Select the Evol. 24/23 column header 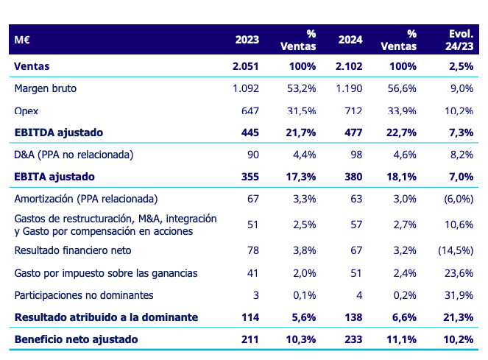[x=460, y=40]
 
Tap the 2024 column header [x=349, y=40]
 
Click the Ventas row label [x=32, y=66]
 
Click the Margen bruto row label [x=46, y=88]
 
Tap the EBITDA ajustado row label [x=59, y=133]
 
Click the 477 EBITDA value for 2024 [x=353, y=133]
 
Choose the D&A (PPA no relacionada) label [x=74, y=155]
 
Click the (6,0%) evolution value [x=457, y=199]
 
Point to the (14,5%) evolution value [x=454, y=250]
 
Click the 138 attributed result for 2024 [x=353, y=317]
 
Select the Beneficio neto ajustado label [x=77, y=339]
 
